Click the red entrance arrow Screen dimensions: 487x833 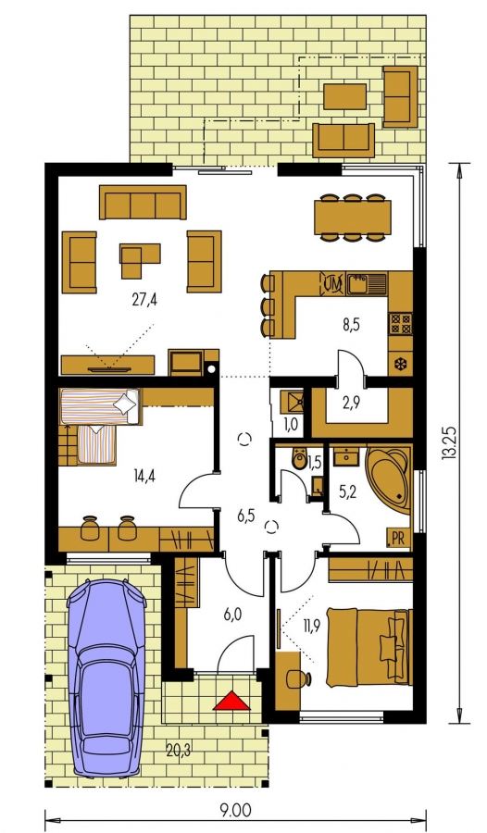[231, 702]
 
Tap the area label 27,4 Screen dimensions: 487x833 [144, 300]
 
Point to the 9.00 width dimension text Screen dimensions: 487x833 [235, 811]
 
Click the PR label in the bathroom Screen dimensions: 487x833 [398, 538]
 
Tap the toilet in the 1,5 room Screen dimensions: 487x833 [299, 459]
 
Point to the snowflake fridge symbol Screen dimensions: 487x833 [400, 365]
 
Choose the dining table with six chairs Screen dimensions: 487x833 [353, 218]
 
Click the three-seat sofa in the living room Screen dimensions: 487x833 [143, 203]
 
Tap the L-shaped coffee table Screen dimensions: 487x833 [139, 260]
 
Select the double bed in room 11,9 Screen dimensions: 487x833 [369, 647]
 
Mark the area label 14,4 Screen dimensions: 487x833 [145, 476]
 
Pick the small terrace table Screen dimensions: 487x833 [345, 96]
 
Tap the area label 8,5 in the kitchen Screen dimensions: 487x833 [351, 324]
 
